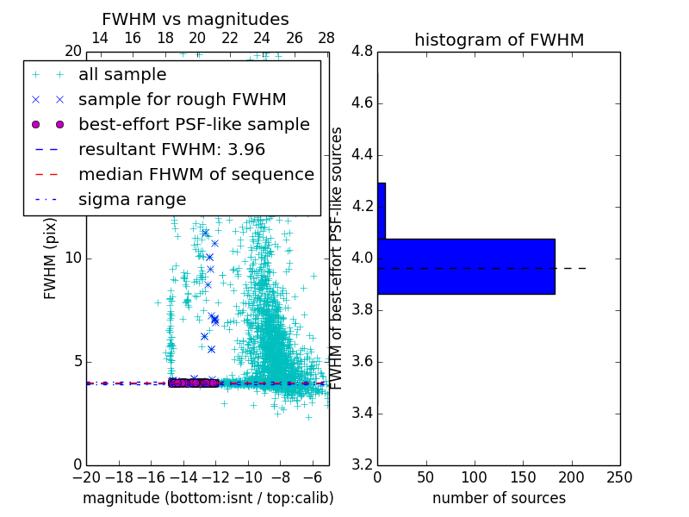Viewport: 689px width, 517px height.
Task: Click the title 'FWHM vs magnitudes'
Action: coord(196,19)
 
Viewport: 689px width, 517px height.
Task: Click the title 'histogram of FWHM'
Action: coord(499,40)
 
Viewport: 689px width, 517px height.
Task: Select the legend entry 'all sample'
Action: coord(122,75)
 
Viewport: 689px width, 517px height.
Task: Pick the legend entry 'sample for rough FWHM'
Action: coord(183,99)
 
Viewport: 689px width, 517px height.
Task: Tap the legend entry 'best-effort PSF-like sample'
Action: coord(194,124)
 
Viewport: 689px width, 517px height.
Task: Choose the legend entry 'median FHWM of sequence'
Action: coord(196,174)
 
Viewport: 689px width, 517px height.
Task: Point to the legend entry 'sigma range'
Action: coord(133,199)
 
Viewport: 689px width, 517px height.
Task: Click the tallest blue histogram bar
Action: coord(466,266)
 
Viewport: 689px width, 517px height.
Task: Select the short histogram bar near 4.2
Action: coord(382,210)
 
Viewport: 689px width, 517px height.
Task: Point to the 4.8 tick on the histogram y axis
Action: coord(363,52)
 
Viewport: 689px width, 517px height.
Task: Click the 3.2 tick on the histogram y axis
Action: coord(363,464)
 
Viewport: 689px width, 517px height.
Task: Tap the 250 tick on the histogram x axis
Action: coord(619,477)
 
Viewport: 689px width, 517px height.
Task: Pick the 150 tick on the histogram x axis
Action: coord(523,477)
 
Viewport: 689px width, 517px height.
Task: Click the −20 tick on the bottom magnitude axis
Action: coord(86,477)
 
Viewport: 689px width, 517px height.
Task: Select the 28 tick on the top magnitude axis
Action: coord(326,38)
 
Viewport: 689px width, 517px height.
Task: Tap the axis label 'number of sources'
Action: coord(499,498)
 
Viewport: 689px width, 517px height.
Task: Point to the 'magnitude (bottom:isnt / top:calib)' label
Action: coord(208,498)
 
